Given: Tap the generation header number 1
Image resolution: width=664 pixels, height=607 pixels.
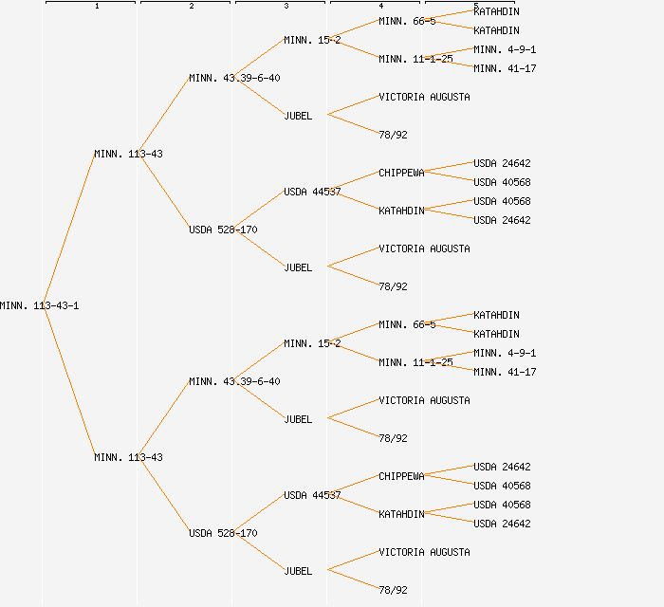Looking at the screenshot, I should point(97,7).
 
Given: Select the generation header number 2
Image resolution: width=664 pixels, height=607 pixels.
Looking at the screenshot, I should point(192,7).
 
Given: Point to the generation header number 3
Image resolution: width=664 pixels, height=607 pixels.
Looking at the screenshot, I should point(286,7).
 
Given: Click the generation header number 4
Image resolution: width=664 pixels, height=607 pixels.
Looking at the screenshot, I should point(381,7).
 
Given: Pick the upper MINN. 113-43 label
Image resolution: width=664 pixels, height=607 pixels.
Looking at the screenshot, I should point(128,154).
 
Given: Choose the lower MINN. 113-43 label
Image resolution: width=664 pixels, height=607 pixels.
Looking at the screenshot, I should point(128,457).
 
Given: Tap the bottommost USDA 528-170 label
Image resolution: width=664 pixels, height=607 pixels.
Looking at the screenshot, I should point(223,533).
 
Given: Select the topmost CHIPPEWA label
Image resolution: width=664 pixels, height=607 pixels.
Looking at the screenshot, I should point(401,173).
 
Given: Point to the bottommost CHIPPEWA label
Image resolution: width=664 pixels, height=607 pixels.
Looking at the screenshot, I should point(401,476).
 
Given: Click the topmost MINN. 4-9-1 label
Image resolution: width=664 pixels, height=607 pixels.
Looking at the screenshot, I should point(505,49).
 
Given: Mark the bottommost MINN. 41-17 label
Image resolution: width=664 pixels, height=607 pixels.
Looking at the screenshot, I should point(505,372).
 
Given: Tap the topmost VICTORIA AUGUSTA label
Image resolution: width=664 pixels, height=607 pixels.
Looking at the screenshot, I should point(424,97).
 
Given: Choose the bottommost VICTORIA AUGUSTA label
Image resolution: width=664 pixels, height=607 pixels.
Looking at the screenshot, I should point(424,552).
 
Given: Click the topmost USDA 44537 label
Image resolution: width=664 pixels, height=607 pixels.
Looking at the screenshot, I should point(312,192).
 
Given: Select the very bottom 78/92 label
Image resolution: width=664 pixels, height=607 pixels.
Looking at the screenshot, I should point(393,590).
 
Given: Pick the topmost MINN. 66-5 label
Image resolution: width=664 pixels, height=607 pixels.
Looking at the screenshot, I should point(407,21).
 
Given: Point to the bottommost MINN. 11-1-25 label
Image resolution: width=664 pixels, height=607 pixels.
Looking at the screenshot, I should point(415,362).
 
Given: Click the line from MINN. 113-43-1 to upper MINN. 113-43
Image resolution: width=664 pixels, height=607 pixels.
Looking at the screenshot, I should point(69,230).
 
